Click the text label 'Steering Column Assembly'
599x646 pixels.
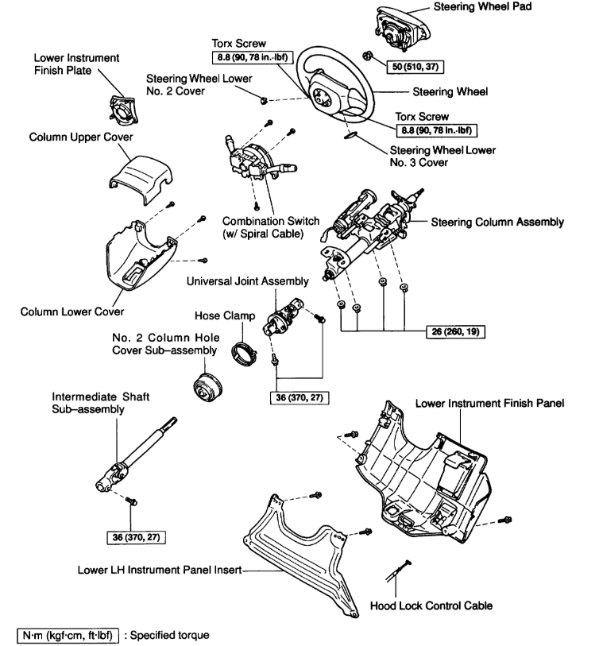pos(497,221)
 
